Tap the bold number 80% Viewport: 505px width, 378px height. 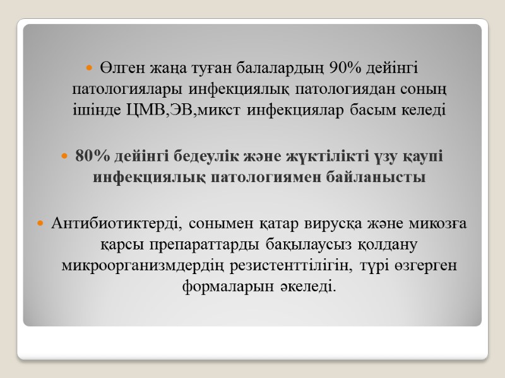(92, 156)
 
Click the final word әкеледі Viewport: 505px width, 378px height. (308, 287)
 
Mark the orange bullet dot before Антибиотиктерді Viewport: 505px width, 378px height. (42, 224)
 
